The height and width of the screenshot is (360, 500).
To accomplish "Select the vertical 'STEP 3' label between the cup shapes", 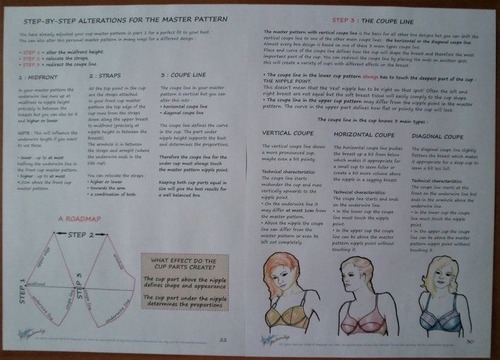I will pos(79,284).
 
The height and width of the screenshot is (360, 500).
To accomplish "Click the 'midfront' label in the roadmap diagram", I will pos(37,285).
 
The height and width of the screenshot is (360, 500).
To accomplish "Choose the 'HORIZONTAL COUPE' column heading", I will pos(364,135).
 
